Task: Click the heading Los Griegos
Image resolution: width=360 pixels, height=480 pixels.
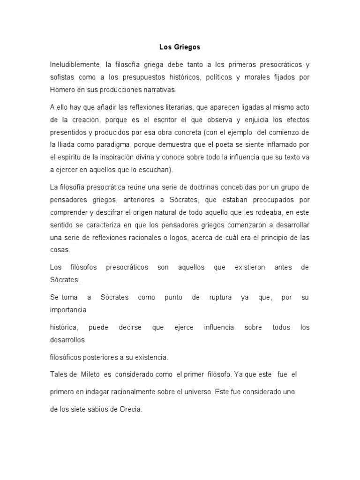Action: [180, 47]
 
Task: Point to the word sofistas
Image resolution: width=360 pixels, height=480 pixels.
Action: [63, 77]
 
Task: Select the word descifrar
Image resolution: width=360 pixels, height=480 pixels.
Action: [114, 212]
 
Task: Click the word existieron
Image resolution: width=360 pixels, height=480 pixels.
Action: [250, 267]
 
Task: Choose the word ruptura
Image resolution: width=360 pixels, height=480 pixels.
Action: [219, 298]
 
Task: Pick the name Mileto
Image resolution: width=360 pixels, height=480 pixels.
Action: [96, 375]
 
